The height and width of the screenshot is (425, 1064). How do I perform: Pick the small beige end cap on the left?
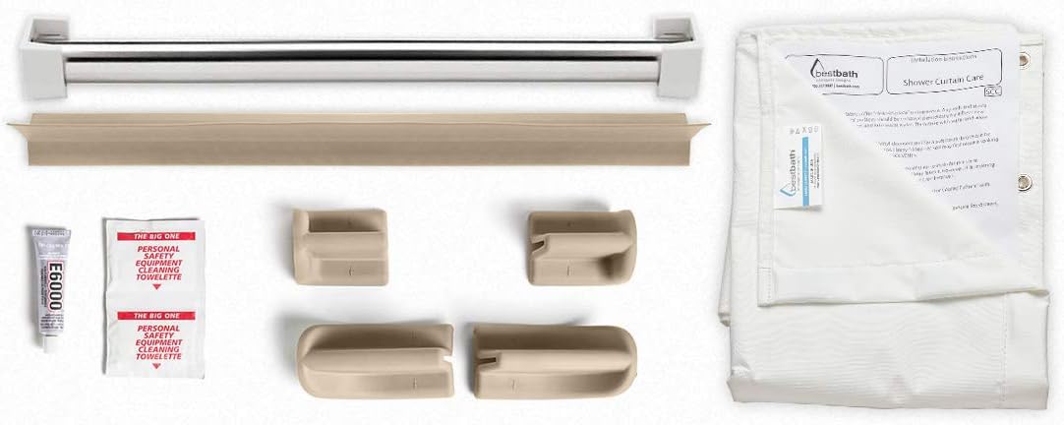coord(338,245)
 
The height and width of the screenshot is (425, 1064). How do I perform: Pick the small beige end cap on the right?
coord(576,246)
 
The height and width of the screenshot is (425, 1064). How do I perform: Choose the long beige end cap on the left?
coord(375,360)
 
